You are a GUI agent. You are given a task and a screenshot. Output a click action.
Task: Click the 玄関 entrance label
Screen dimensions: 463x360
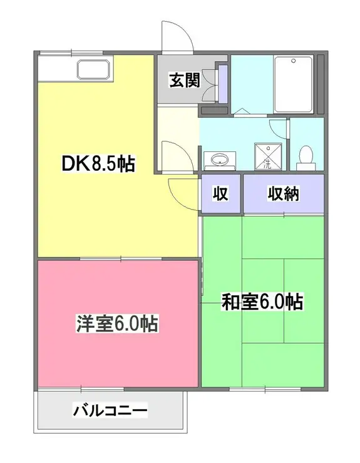pyautogui.click(x=183, y=80)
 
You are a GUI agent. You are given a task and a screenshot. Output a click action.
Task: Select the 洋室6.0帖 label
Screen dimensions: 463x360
pyautogui.click(x=116, y=324)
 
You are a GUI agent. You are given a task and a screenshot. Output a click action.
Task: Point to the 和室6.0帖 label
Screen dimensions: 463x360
pyautogui.click(x=263, y=303)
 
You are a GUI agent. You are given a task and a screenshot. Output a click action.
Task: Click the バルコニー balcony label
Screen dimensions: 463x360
pyautogui.click(x=111, y=411)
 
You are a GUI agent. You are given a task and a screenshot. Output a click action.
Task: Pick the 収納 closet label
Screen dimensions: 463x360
pyautogui.click(x=283, y=193)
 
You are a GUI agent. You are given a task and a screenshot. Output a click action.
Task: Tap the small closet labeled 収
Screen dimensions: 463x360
pyautogui.click(x=219, y=193)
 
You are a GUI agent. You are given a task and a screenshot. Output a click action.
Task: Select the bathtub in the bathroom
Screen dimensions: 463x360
pyautogui.click(x=294, y=84)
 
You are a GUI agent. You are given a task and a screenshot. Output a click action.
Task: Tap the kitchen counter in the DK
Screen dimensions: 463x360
pyautogui.click(x=75, y=68)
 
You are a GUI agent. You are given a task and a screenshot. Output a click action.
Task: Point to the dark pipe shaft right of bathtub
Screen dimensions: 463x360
pyautogui.click(x=321, y=84)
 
